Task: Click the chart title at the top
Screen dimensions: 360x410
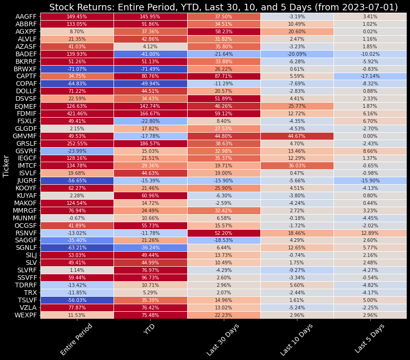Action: click(223, 7)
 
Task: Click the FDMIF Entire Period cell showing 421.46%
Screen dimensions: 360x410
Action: click(77, 113)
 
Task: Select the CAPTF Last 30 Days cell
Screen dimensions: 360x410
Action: click(223, 76)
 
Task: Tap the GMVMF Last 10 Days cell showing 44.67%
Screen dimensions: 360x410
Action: click(296, 136)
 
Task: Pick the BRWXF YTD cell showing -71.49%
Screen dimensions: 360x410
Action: click(150, 68)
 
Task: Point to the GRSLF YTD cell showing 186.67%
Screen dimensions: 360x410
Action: click(150, 143)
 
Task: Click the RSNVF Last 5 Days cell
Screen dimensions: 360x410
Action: click(370, 233)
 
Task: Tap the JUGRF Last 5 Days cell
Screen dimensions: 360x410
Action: click(370, 181)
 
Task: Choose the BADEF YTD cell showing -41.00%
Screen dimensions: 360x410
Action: click(150, 53)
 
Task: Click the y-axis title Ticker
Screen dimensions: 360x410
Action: click(7, 166)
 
